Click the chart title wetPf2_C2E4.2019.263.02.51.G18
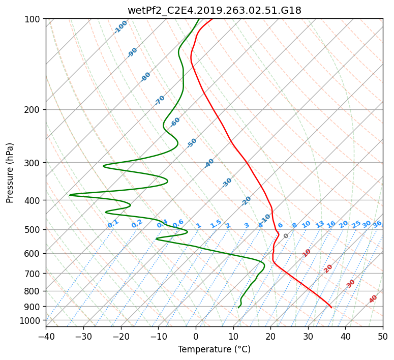pos(215,10)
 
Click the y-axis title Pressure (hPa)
pos(10,173)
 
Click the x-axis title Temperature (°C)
pos(215,349)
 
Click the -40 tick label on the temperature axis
pos(46,336)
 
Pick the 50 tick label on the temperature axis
pos(383,336)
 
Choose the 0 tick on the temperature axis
pos(196,336)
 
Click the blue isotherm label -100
pos(120,27)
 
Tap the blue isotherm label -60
pos(175,122)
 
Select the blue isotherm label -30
pos(227,183)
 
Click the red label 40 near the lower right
pos(373,299)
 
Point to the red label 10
pos(307,253)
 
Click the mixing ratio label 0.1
pos(113,224)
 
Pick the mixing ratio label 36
pos(377,224)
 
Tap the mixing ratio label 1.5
pos(216,224)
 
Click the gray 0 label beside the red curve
pos(286,236)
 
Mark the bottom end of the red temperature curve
pos(331,308)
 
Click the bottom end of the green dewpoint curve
pos(238,308)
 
